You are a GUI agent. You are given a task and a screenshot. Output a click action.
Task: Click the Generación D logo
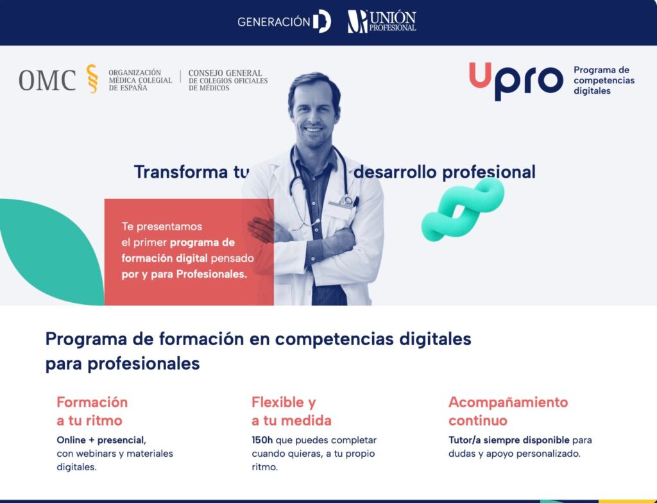tap(284, 21)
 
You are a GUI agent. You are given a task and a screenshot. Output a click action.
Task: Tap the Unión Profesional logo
tap(382, 21)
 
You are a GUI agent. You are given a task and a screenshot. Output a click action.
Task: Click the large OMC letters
tap(47, 80)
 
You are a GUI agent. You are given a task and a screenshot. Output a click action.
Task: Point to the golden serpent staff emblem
tap(92, 78)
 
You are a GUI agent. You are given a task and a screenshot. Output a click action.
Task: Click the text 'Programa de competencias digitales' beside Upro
tap(604, 80)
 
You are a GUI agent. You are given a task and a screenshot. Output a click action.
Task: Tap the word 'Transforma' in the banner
tap(180, 172)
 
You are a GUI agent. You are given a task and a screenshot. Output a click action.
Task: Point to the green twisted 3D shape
tap(463, 209)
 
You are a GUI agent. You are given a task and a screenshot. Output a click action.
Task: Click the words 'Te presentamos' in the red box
tap(162, 226)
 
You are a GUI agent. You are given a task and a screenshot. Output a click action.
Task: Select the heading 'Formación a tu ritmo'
tap(92, 411)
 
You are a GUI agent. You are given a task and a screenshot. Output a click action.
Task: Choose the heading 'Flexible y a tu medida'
tap(292, 411)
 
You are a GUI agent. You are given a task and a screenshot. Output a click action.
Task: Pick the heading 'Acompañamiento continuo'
tap(508, 411)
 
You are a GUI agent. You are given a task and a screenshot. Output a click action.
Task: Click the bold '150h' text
tap(262, 440)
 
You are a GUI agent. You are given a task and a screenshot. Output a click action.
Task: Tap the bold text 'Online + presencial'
tap(100, 440)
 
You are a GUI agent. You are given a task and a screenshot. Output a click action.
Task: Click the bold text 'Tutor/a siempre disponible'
tap(509, 440)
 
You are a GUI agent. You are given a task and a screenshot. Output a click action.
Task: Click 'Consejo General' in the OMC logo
tap(225, 73)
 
